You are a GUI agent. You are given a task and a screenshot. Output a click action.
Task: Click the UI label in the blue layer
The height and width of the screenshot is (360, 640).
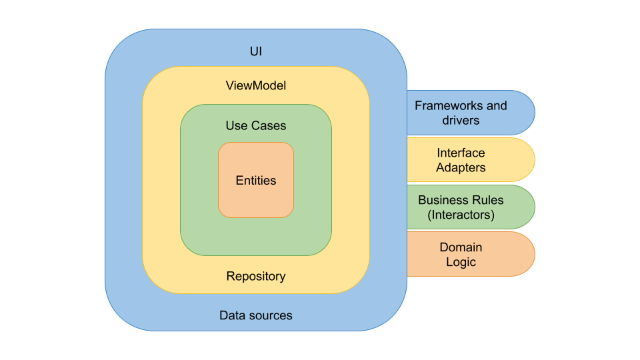pyautogui.click(x=256, y=51)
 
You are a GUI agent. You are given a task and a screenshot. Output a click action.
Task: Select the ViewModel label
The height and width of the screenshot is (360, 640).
pyautogui.click(x=256, y=85)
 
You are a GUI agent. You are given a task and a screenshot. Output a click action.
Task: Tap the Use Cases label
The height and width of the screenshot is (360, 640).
pyautogui.click(x=256, y=125)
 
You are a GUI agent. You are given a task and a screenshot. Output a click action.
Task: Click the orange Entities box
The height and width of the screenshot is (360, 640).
pyautogui.click(x=256, y=180)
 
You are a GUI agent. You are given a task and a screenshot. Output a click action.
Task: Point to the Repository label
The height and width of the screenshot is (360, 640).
pyautogui.click(x=256, y=276)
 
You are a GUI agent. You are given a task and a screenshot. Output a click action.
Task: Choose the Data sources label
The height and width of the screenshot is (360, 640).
pyautogui.click(x=256, y=315)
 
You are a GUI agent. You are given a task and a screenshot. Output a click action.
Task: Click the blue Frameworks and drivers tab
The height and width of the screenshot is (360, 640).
pyautogui.click(x=470, y=113)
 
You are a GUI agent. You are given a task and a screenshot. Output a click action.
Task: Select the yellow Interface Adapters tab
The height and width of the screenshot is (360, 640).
pyautogui.click(x=470, y=160)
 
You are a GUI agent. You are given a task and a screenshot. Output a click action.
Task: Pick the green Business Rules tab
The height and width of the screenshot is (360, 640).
pyautogui.click(x=470, y=207)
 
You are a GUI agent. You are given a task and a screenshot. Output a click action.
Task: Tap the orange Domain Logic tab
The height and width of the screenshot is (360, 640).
pyautogui.click(x=470, y=254)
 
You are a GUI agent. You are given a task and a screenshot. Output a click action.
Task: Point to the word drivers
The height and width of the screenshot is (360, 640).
pyautogui.click(x=461, y=121)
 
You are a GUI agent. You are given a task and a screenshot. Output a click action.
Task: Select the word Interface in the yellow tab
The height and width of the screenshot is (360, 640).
pyautogui.click(x=461, y=153)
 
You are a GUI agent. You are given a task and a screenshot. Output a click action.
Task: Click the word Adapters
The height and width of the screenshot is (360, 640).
pyautogui.click(x=461, y=168)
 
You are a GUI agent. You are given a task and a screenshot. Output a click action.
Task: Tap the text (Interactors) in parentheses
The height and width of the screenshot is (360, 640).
pyautogui.click(x=461, y=215)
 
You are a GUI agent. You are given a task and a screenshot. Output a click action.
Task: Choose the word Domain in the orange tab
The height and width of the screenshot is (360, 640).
pyautogui.click(x=461, y=247)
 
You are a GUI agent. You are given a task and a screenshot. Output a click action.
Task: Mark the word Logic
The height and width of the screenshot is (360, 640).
pyautogui.click(x=461, y=262)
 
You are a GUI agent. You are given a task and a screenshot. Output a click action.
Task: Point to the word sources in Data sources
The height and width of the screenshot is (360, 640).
pyautogui.click(x=271, y=315)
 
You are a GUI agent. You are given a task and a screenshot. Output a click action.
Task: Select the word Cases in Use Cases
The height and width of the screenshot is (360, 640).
pyautogui.click(x=269, y=125)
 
